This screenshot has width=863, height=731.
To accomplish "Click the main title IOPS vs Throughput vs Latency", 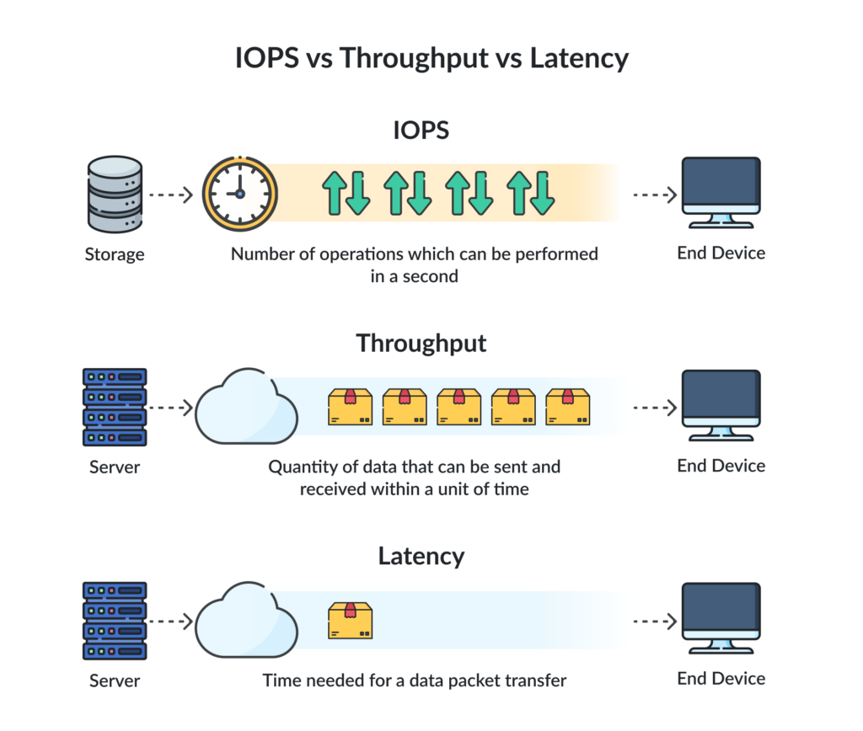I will click(x=431, y=58).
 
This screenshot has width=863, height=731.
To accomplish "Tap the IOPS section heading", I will click(x=421, y=131).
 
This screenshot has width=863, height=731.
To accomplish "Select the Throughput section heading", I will click(x=421, y=344).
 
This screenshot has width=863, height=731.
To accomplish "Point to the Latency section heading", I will click(x=421, y=557).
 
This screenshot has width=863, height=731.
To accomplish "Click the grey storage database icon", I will click(x=115, y=193).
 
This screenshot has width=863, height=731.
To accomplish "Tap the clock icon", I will click(x=239, y=193).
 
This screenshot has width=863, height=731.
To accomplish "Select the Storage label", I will click(x=115, y=253).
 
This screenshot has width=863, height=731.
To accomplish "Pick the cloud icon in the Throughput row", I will click(x=246, y=407).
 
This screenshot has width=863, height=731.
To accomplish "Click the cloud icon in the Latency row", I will click(x=246, y=621).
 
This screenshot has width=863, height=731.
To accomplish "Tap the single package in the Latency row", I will click(x=350, y=621).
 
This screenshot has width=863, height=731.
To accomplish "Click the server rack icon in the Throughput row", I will click(x=115, y=407).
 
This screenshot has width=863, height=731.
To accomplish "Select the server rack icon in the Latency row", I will click(x=115, y=621).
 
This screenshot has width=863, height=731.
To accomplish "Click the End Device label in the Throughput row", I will click(x=721, y=466).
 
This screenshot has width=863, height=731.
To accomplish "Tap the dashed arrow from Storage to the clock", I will click(x=171, y=195).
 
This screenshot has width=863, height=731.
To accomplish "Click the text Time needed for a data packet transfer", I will click(x=414, y=680).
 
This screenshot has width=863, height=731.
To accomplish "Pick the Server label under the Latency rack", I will click(x=115, y=680).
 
